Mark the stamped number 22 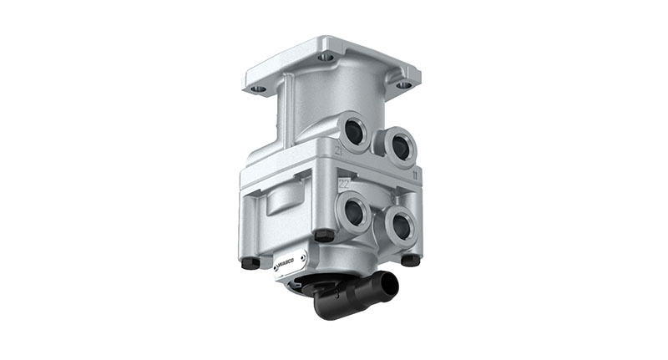342,181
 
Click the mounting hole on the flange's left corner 259,88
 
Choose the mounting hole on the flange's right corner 403,84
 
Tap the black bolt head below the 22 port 325,236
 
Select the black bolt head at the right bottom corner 409,260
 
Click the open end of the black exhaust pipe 388,281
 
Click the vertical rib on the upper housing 285,108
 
